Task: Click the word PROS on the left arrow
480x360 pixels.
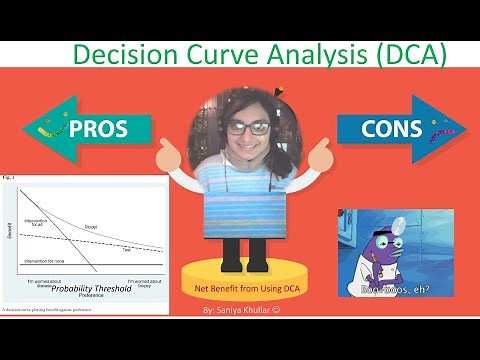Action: point(97,128)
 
